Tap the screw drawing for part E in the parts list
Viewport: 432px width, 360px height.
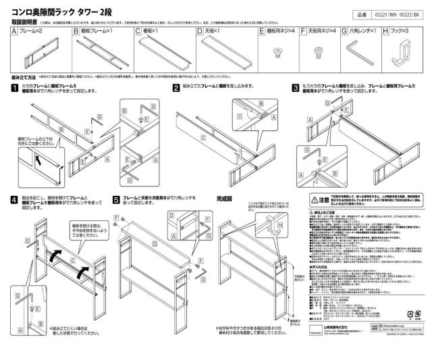tap(276, 51)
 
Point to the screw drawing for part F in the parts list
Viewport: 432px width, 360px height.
tap(318, 51)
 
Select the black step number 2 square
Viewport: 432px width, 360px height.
tap(176, 88)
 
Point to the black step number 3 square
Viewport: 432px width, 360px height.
tap(295, 88)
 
